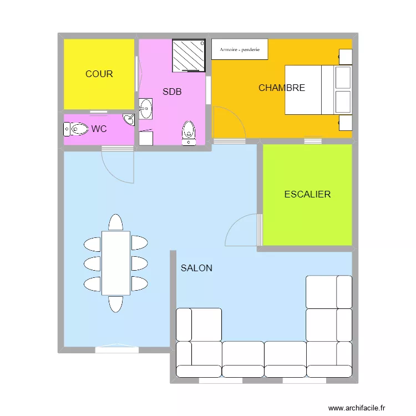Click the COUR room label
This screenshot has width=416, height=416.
99,74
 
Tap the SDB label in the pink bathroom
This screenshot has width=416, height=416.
172,92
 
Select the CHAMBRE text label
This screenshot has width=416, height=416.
282,88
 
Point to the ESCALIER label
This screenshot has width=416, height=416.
307,194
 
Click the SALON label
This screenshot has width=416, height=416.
196,268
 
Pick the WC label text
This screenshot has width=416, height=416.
99,129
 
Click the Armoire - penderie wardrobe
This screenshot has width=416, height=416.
240,49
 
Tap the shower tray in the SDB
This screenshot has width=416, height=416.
189,55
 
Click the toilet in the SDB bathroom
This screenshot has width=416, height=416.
189,133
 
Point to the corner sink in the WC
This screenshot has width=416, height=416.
129,119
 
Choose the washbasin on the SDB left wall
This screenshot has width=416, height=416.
146,109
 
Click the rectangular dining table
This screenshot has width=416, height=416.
116,263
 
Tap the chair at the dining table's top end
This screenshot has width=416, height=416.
115,222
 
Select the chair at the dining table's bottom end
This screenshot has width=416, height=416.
115,304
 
